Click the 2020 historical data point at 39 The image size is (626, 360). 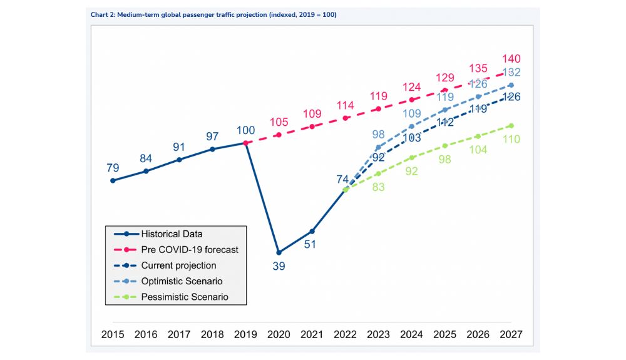tap(279, 252)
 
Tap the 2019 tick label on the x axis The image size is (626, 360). tap(245, 335)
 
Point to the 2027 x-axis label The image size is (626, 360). tap(511, 335)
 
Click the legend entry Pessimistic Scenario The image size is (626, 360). tap(185, 297)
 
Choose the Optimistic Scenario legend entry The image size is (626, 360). tap(182, 281)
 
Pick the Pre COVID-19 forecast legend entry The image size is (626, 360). tap(190, 250)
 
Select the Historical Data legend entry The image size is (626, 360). tap(172, 234)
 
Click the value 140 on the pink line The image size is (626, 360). tap(511, 59)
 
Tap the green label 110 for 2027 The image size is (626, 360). tap(511, 139)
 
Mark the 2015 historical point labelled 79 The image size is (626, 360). tap(113, 180)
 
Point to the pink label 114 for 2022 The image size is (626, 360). tap(345, 105)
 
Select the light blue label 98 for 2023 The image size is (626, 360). tap(378, 134)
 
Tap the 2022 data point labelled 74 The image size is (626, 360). tap(346, 189)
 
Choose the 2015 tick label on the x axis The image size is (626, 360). tap(113, 335)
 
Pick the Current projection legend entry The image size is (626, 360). tap(178, 265)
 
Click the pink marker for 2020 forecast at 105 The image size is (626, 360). tap(279, 135)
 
